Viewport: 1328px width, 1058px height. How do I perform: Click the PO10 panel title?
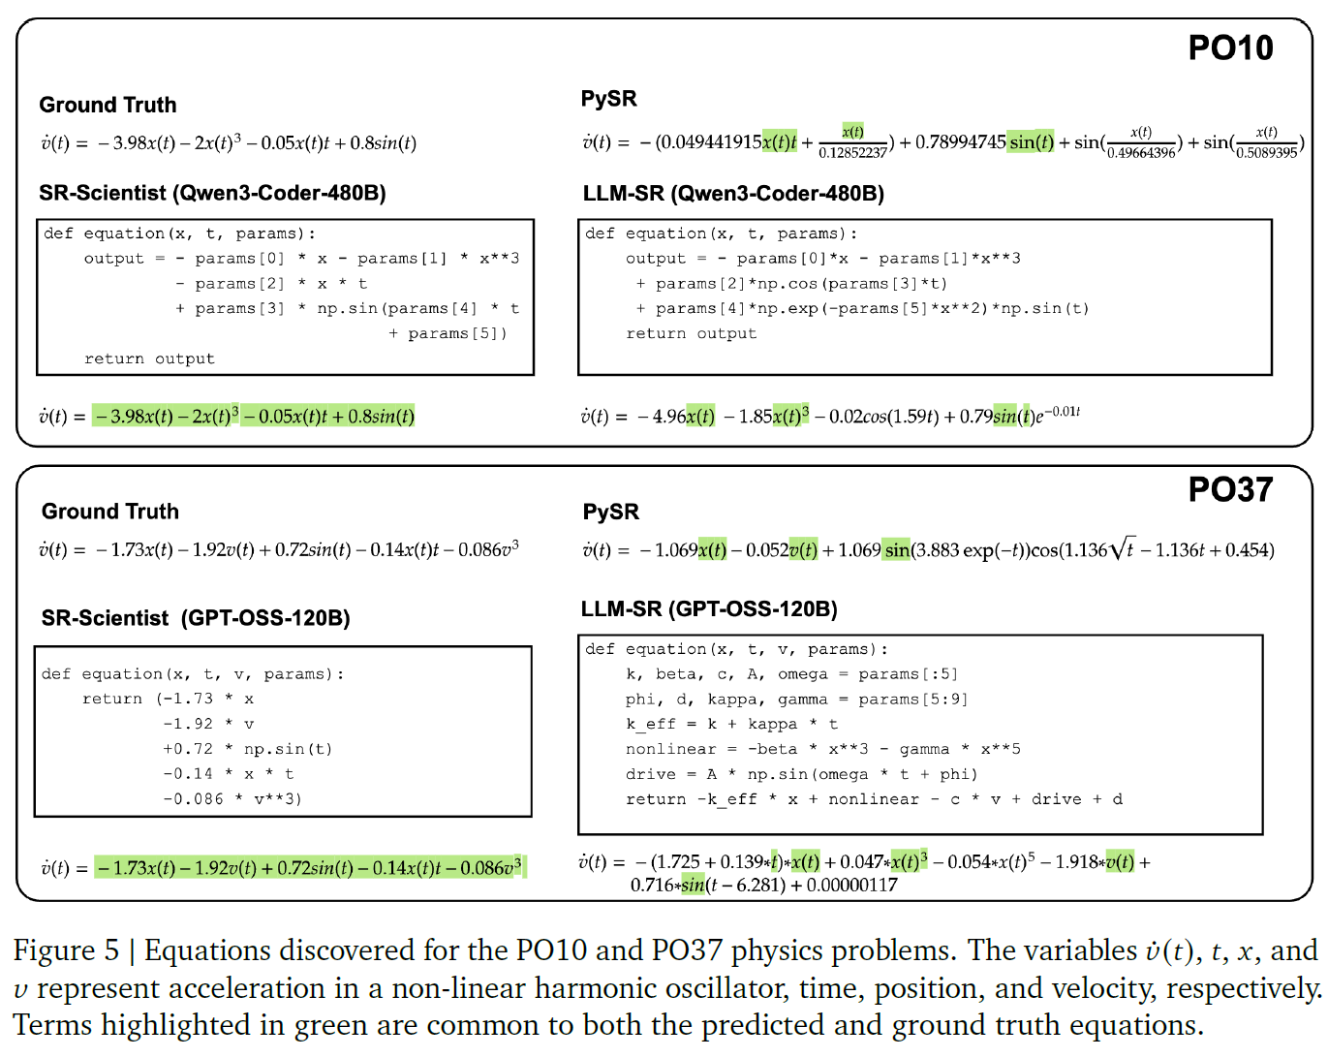pos(1230,48)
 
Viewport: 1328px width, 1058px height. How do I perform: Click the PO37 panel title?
pos(1230,490)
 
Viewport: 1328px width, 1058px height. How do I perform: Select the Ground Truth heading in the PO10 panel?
pos(108,105)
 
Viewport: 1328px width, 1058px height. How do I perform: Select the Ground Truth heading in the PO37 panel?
pos(110,512)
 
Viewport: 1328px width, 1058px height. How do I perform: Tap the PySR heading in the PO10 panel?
pos(608,99)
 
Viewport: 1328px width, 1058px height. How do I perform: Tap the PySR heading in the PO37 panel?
pos(610,512)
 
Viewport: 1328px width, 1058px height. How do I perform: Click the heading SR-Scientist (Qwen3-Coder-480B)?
pos(212,193)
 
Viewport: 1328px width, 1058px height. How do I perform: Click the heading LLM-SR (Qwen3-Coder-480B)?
pos(733,194)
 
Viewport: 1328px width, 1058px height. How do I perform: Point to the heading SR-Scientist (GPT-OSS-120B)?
pos(196,618)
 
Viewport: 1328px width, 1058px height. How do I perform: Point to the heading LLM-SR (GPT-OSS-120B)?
pos(709,609)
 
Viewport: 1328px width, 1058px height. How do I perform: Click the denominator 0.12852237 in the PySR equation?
pos(852,153)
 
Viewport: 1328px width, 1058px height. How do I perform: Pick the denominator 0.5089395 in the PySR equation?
pos(1266,153)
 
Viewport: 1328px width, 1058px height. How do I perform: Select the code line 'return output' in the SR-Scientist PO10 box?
pos(149,358)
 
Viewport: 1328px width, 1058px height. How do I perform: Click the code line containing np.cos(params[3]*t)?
pos(791,284)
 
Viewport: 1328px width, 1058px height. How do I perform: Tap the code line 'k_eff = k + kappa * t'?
pos(731,724)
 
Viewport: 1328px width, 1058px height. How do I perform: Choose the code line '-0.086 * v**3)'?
pos(232,799)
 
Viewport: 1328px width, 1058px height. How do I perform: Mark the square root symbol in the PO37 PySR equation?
pos(1121,549)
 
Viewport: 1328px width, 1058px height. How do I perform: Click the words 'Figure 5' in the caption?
pos(66,950)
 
